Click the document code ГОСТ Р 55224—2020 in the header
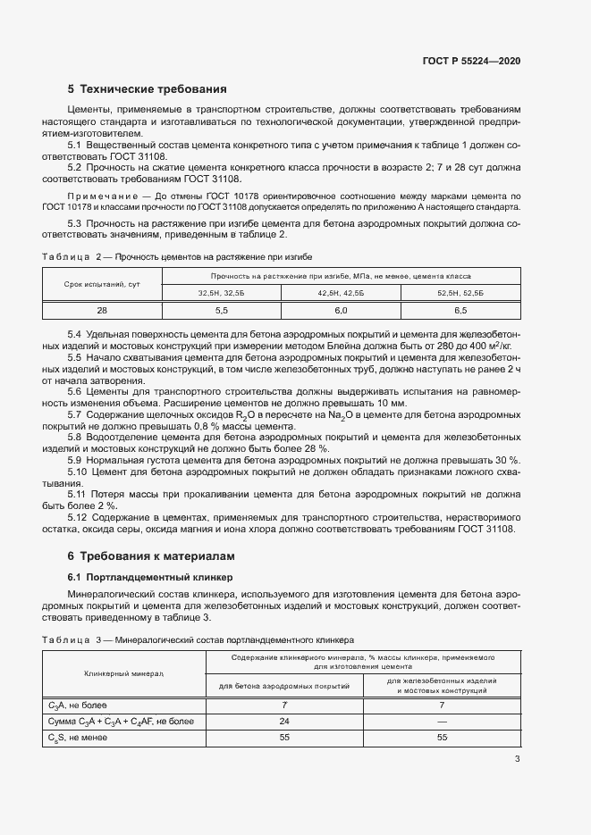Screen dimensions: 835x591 pyautogui.click(x=471, y=61)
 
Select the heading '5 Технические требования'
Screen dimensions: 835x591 pyautogui.click(x=147, y=89)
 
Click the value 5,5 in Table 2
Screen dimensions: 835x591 pyautogui.click(x=222, y=310)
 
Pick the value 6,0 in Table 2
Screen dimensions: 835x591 pyautogui.click(x=341, y=310)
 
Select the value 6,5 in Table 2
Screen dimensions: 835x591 pyautogui.click(x=460, y=310)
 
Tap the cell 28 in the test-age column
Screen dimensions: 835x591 pyautogui.click(x=102, y=310)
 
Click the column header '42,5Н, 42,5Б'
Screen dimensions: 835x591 pyautogui.click(x=341, y=292)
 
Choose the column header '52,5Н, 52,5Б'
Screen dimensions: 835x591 pyautogui.click(x=460, y=292)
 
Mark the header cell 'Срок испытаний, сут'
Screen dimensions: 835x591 pyautogui.click(x=102, y=284)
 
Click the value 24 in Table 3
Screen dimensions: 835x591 pyautogui.click(x=284, y=721)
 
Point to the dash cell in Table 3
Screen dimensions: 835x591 pyautogui.click(x=442, y=721)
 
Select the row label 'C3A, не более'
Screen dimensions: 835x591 pyautogui.click(x=78, y=705)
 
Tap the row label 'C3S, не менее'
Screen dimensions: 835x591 pyautogui.click(x=79, y=738)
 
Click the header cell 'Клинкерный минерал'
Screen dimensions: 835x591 pyautogui.click(x=123, y=673)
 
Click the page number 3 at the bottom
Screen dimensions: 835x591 pyautogui.click(x=518, y=760)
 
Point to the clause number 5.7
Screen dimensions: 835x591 pyautogui.click(x=76, y=415)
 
